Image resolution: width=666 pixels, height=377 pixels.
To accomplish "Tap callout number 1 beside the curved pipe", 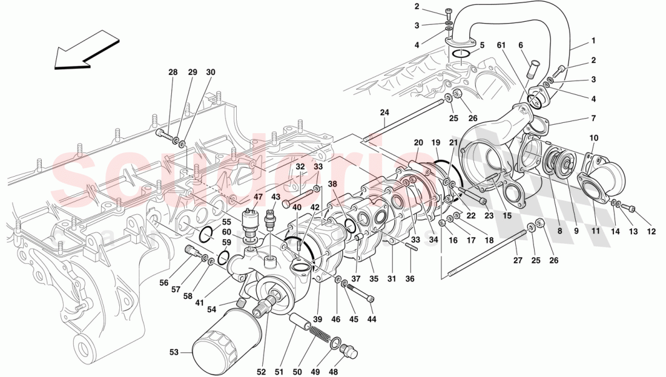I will click(593, 41).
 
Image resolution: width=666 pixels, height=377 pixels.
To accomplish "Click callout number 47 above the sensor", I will click(259, 197).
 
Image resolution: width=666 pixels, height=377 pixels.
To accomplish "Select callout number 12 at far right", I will click(651, 231).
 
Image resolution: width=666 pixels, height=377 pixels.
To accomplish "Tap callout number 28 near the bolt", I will click(173, 73).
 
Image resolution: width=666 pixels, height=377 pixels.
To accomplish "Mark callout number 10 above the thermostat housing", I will click(593, 139).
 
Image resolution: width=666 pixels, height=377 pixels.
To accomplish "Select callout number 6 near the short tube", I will click(520, 44).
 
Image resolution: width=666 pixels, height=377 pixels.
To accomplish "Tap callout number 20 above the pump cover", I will click(418, 142).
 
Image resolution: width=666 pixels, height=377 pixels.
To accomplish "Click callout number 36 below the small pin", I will click(410, 278).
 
